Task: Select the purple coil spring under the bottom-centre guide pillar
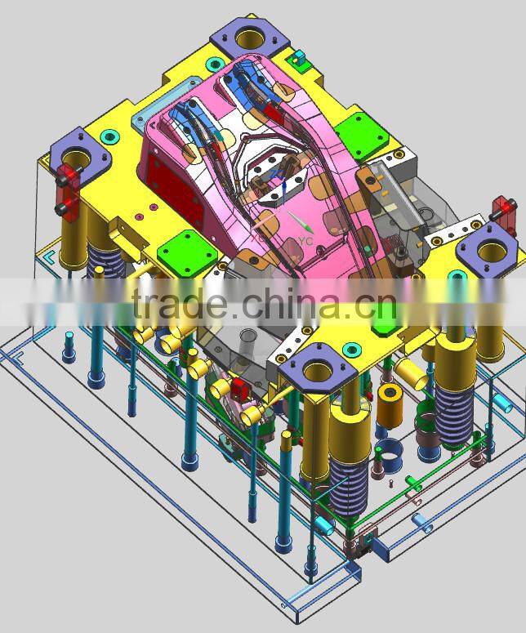tap(349, 487)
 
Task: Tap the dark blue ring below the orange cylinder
tap(390, 449)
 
